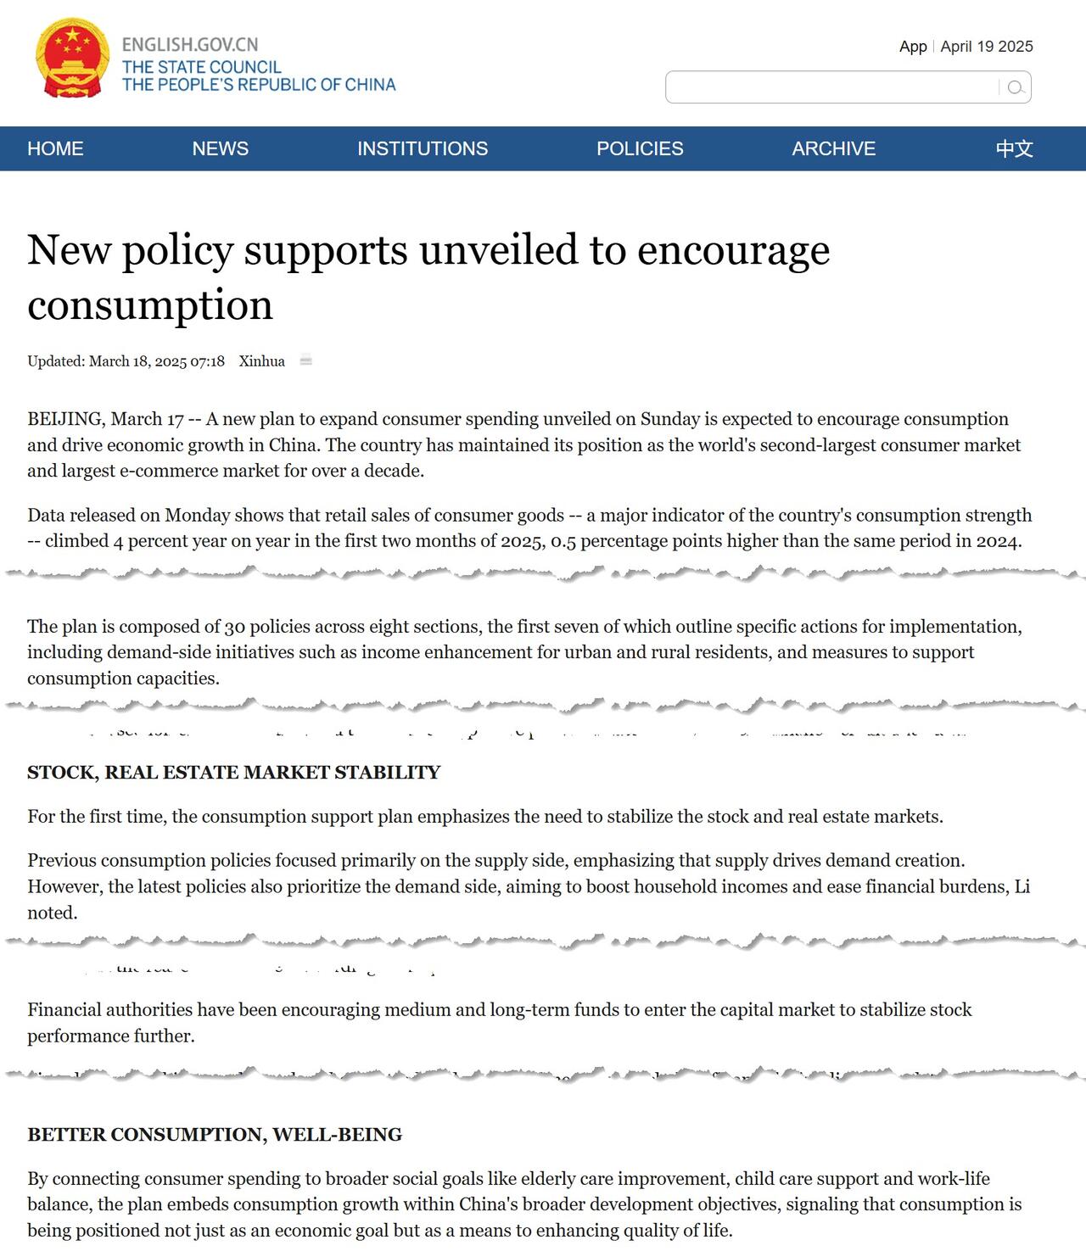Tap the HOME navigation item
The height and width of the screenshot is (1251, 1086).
pyautogui.click(x=55, y=148)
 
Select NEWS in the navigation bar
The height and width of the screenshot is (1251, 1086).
pyautogui.click(x=220, y=148)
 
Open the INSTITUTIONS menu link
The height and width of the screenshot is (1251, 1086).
pyautogui.click(x=422, y=148)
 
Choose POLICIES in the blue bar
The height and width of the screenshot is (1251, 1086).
pyautogui.click(x=640, y=148)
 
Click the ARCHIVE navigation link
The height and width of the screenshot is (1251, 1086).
pyautogui.click(x=833, y=148)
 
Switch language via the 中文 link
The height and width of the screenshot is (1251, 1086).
pyautogui.click(x=1014, y=148)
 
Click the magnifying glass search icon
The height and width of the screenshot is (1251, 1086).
pyautogui.click(x=1015, y=87)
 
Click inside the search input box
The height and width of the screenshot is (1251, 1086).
pyautogui.click(x=831, y=87)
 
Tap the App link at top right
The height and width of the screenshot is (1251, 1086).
pyautogui.click(x=913, y=47)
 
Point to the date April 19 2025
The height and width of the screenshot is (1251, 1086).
pyautogui.click(x=987, y=47)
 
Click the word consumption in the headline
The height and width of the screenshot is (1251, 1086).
pyautogui.click(x=150, y=305)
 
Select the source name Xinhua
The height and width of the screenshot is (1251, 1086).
pyautogui.click(x=261, y=361)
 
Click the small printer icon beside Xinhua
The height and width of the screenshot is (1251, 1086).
pyautogui.click(x=306, y=360)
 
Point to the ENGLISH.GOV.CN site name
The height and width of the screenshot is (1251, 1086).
pyautogui.click(x=190, y=45)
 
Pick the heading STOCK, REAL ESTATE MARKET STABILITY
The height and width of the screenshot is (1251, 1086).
pyautogui.click(x=233, y=773)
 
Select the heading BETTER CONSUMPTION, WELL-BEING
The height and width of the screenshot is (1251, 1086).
pyautogui.click(x=215, y=1135)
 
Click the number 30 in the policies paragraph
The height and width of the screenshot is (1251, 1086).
pyautogui.click(x=234, y=627)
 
